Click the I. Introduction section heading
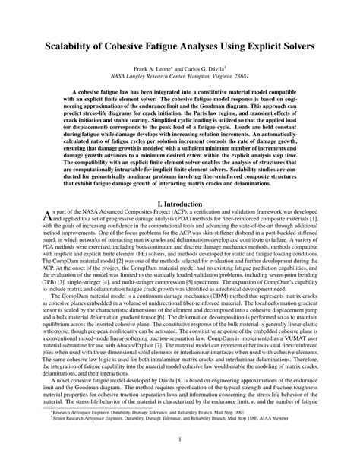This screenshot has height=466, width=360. (x=179, y=204)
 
